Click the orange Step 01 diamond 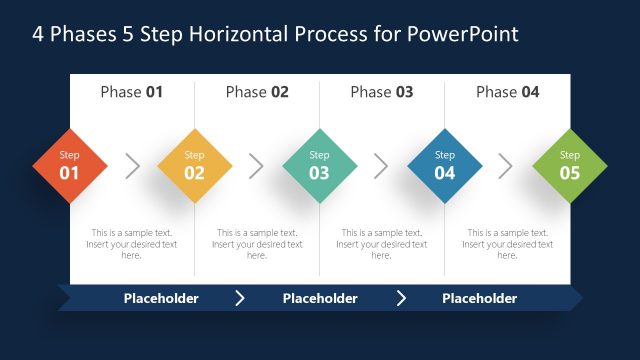pyautogui.click(x=69, y=166)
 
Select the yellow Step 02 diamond pyautogui.click(x=194, y=166)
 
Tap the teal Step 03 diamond pyautogui.click(x=319, y=166)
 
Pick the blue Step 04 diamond pyautogui.click(x=445, y=166)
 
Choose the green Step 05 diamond pyautogui.click(x=569, y=166)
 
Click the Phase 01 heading pyautogui.click(x=131, y=92)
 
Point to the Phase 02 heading pyautogui.click(x=257, y=92)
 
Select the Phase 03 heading pyautogui.click(x=382, y=92)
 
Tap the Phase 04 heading pyautogui.click(x=507, y=92)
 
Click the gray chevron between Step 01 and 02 pyautogui.click(x=132, y=166)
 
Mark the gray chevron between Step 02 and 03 pyautogui.click(x=257, y=166)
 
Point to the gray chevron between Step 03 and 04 pyautogui.click(x=382, y=166)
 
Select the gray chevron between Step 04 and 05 pyautogui.click(x=506, y=166)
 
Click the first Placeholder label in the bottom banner pyautogui.click(x=161, y=298)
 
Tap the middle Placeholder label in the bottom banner pyautogui.click(x=320, y=298)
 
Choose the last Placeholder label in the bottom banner pyautogui.click(x=479, y=298)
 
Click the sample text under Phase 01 pyautogui.click(x=131, y=244)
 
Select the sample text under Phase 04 pyautogui.click(x=507, y=244)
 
